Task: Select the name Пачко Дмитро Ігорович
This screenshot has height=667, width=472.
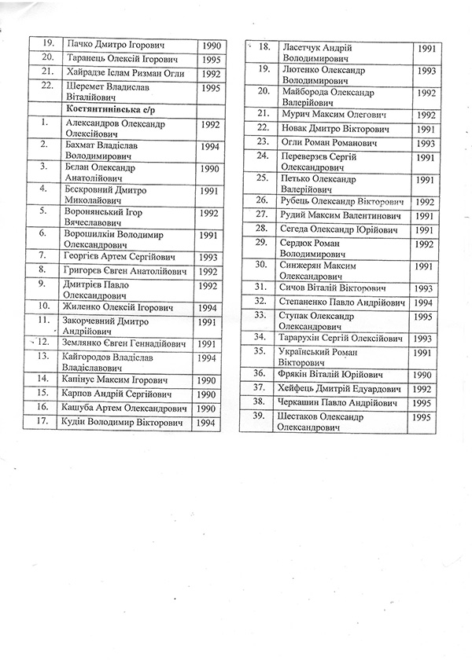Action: (116, 46)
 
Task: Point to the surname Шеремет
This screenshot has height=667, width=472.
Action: (86, 87)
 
